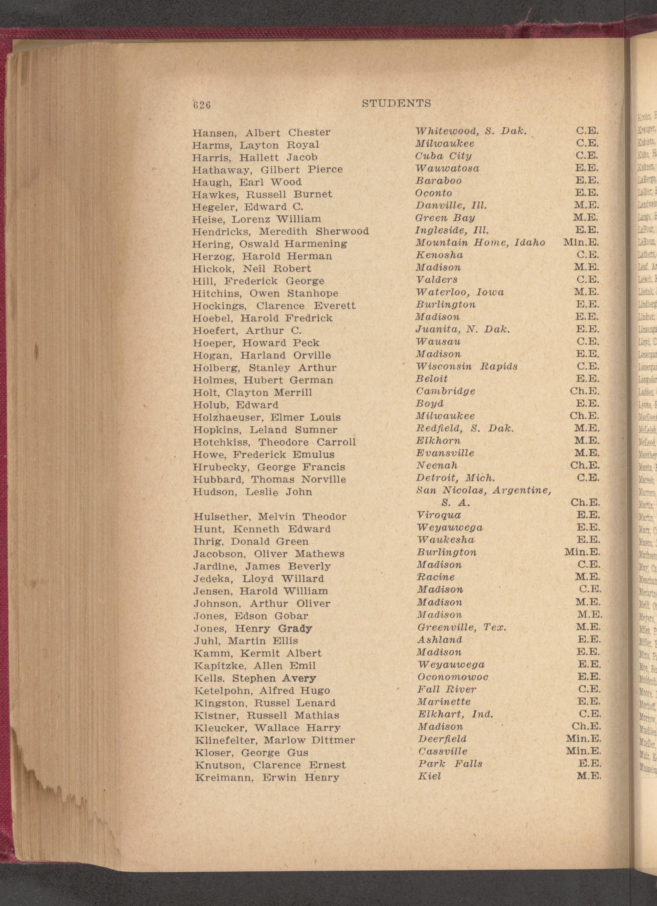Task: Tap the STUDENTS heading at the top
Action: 396,104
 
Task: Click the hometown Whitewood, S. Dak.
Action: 471,131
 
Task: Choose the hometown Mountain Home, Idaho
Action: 480,242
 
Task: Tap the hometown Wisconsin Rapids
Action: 466,366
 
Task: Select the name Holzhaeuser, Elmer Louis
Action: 267,417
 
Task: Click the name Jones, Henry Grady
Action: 253,629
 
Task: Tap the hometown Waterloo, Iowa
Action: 460,292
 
